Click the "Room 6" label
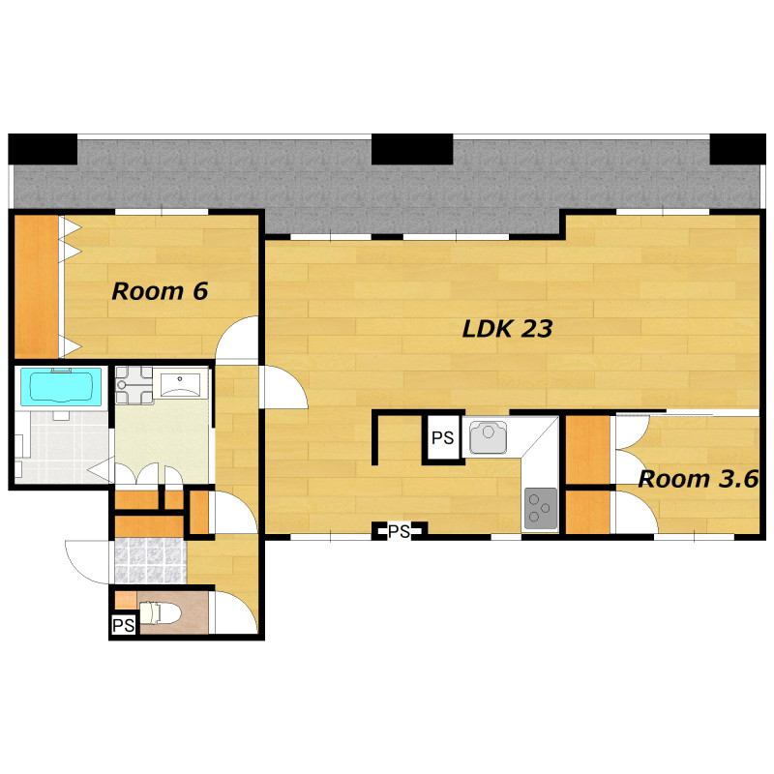(x=160, y=291)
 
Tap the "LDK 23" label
(x=507, y=329)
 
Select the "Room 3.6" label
(x=698, y=479)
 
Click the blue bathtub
(x=61, y=386)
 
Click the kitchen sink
(x=488, y=437)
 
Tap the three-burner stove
(x=541, y=509)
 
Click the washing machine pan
(x=134, y=385)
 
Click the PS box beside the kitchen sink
(x=443, y=438)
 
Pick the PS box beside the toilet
(x=124, y=625)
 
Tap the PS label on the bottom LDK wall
(x=399, y=531)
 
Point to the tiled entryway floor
(x=151, y=560)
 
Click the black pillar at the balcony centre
(x=412, y=149)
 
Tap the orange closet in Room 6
(x=37, y=286)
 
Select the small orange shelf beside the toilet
(x=126, y=600)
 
